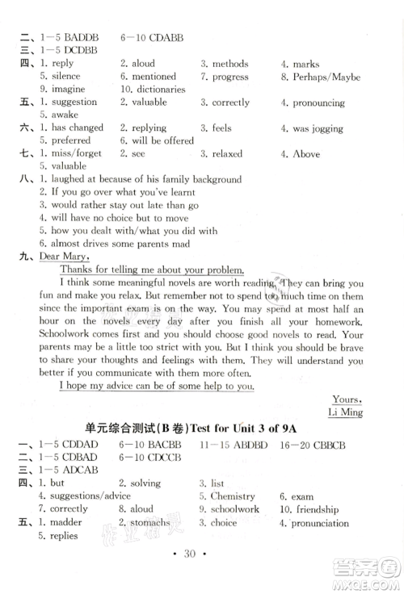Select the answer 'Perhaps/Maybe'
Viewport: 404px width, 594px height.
click(326, 77)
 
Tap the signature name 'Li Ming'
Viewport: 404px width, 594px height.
click(346, 412)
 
